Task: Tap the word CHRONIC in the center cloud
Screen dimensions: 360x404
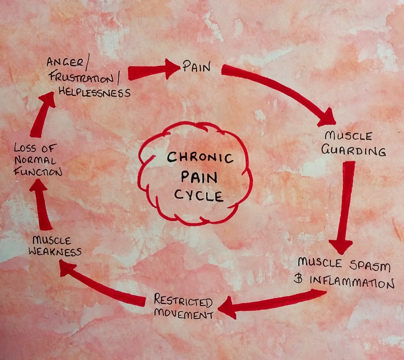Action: (x=200, y=158)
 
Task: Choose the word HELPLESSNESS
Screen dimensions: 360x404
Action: (x=94, y=93)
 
